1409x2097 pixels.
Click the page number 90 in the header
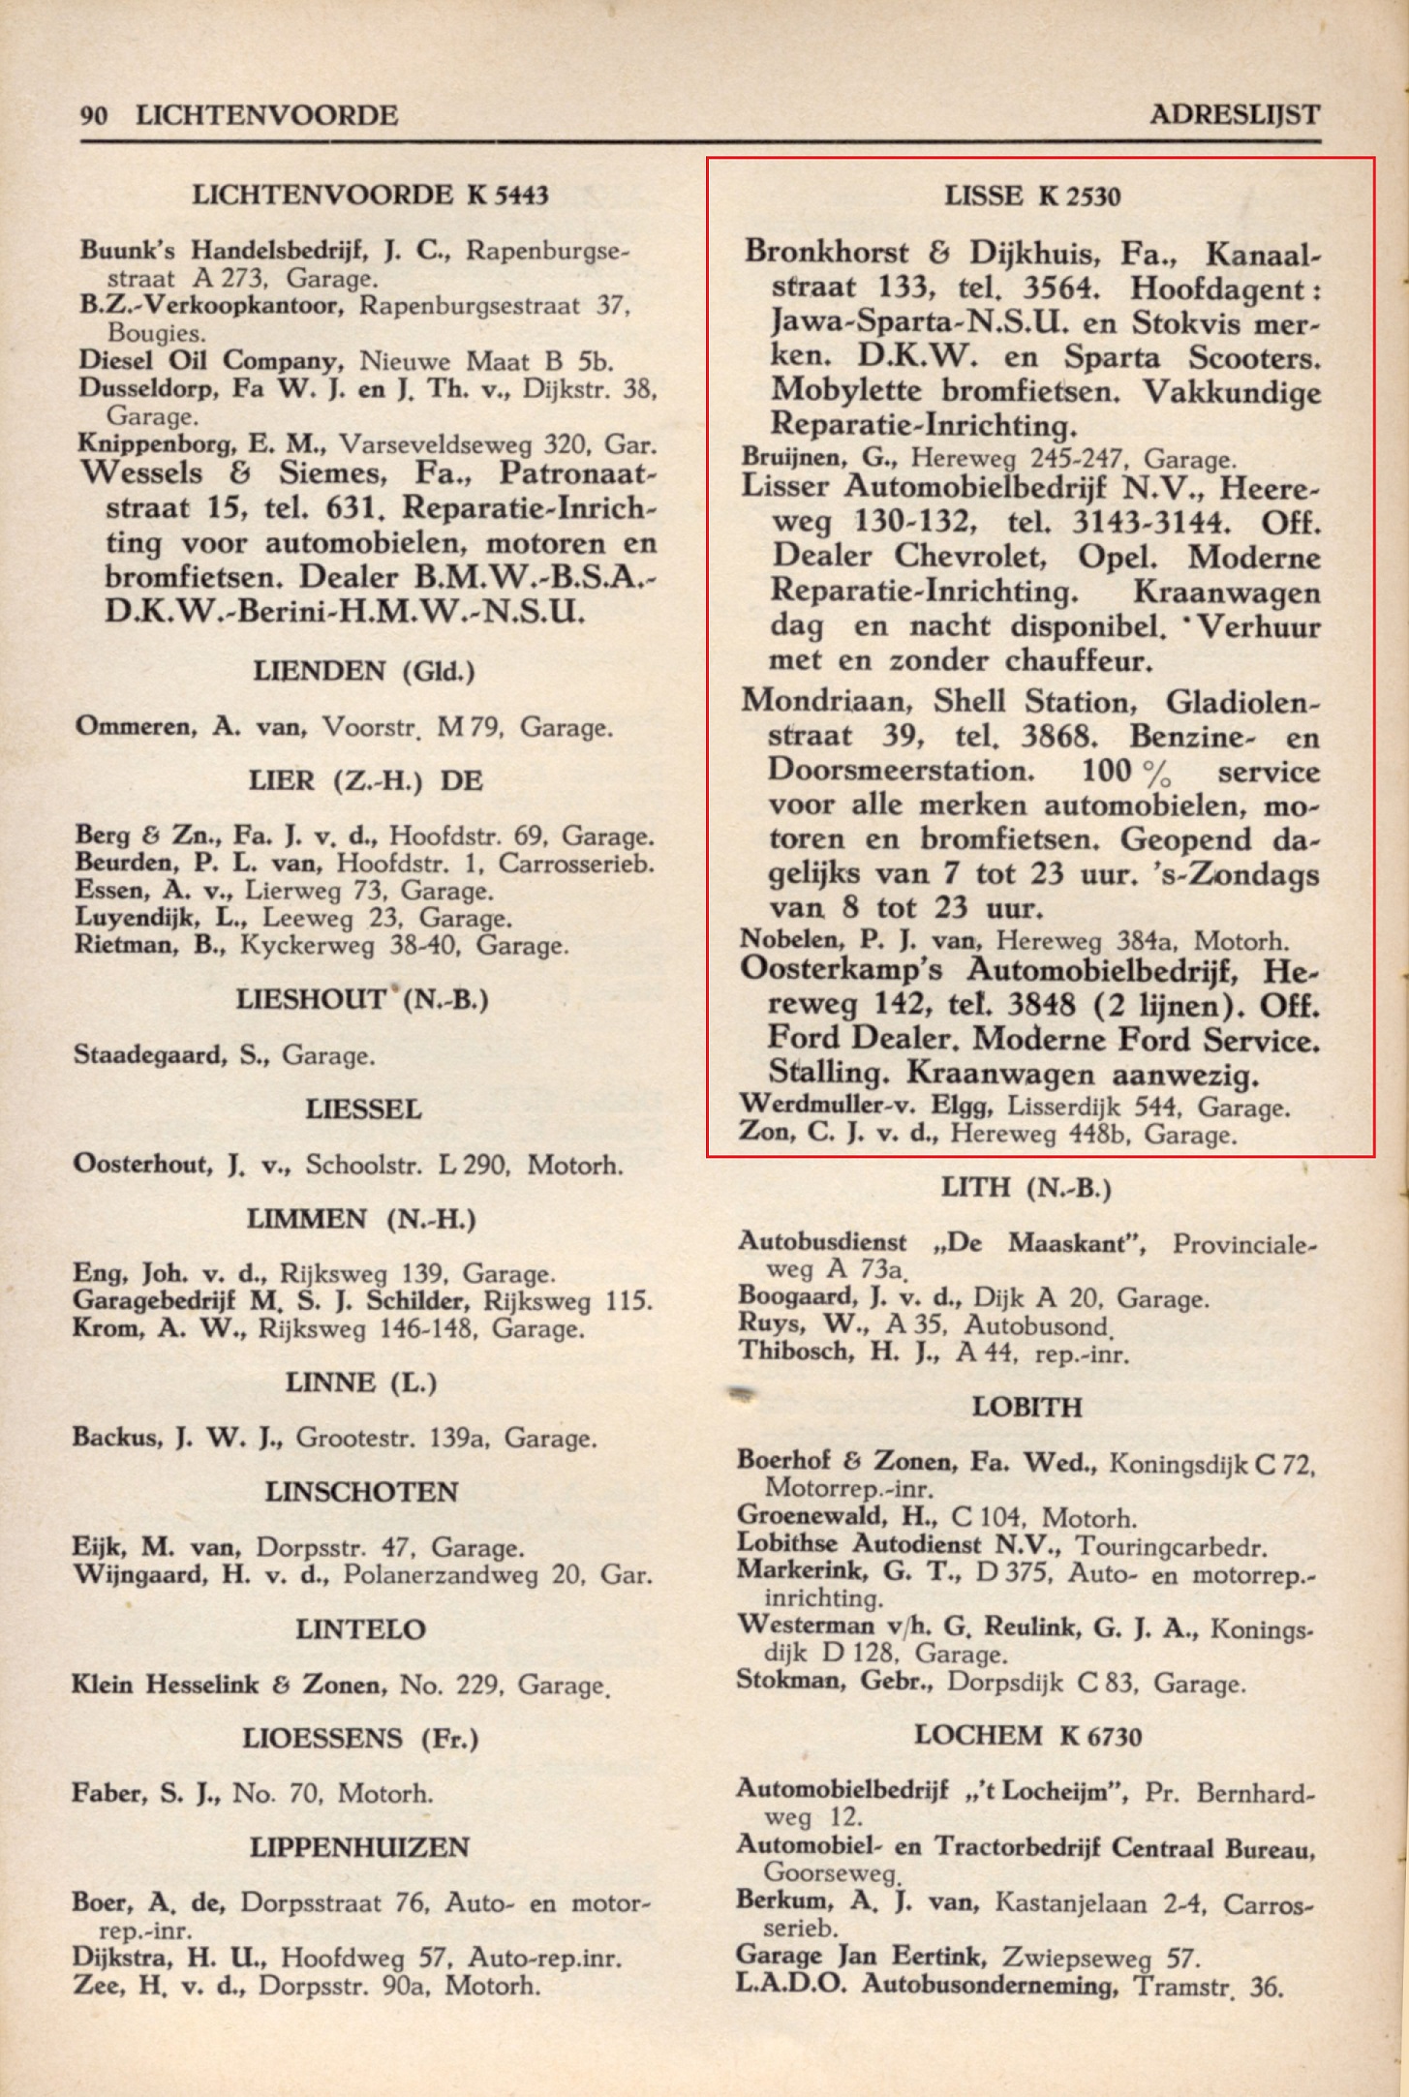click(x=94, y=116)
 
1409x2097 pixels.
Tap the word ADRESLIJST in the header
click(x=1235, y=115)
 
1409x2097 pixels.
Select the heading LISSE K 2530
click(x=1032, y=197)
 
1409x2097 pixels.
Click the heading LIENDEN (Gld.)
click(x=363, y=670)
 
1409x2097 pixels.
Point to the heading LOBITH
click(x=1026, y=1406)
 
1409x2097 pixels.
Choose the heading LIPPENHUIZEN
click(x=359, y=1846)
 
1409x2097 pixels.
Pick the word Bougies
click(x=156, y=333)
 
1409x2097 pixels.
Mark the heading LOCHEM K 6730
click(x=1027, y=1735)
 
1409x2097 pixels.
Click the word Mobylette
click(x=845, y=391)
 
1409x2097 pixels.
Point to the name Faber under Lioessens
click(x=108, y=1793)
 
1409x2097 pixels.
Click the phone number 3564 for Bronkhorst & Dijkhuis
click(x=1061, y=289)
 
